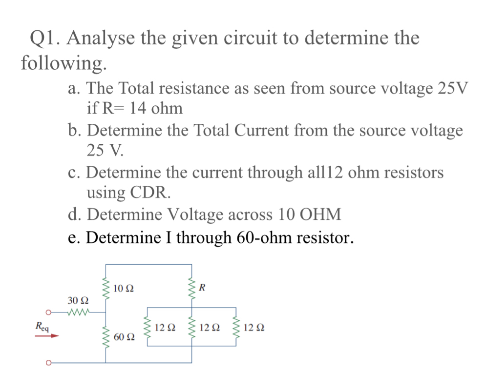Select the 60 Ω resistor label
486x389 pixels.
(x=123, y=337)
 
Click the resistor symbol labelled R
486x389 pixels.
(x=191, y=288)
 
